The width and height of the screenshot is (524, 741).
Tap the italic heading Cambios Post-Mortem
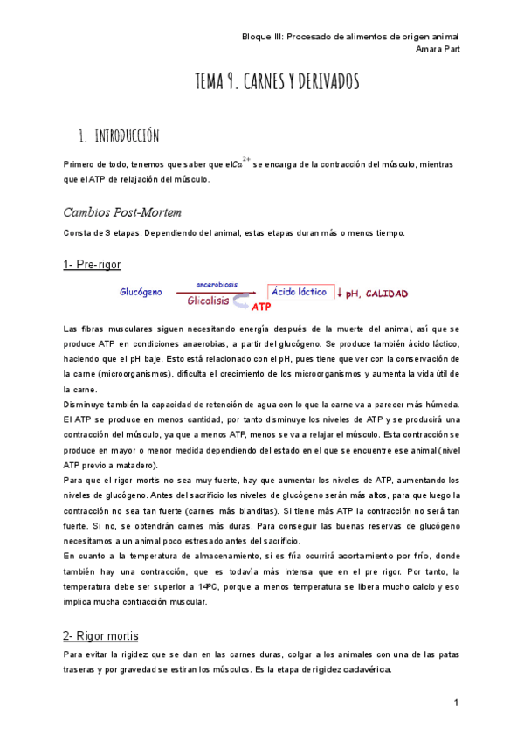tap(122, 212)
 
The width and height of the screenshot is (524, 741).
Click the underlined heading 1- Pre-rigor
tap(93, 264)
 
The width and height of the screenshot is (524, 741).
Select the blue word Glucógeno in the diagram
tap(141, 293)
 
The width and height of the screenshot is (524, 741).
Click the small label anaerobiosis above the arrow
tap(217, 285)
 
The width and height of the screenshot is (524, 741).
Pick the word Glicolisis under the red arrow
tap(208, 301)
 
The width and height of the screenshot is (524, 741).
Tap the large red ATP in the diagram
tap(261, 307)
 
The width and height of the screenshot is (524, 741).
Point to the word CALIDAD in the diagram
tap(387, 294)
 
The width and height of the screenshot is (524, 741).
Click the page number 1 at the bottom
tap(456, 703)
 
